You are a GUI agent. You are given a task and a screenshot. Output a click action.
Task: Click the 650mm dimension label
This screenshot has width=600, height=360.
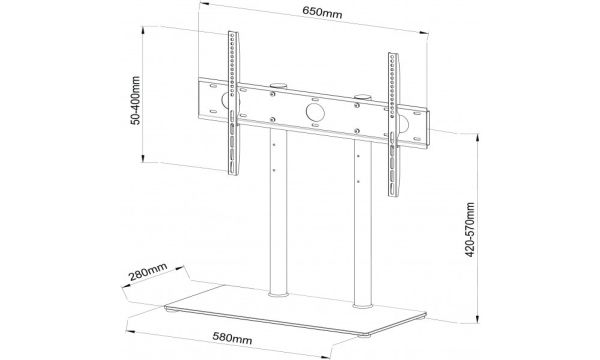pyautogui.click(x=322, y=13)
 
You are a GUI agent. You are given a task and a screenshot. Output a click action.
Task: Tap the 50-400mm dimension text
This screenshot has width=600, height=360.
pyautogui.click(x=135, y=100)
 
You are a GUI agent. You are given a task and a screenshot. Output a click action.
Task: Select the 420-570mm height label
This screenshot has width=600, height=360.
pyautogui.click(x=470, y=230)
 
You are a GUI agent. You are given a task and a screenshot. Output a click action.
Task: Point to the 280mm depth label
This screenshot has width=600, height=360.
pyautogui.click(x=148, y=272)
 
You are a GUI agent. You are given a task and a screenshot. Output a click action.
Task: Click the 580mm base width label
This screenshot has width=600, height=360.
pyautogui.click(x=232, y=338)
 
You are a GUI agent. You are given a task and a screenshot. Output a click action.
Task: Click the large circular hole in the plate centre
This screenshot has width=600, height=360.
pyautogui.click(x=315, y=112)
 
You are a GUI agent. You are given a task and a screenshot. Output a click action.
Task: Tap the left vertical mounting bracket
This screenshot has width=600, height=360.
pyautogui.click(x=233, y=103)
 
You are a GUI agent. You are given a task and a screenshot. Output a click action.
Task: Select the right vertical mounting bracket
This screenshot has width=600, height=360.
pyautogui.click(x=393, y=125)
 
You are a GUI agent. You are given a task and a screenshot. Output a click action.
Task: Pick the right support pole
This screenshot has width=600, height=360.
pyautogui.click(x=363, y=223)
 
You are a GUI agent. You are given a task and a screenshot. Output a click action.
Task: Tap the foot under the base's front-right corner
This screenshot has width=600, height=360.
pyautogui.click(x=364, y=336)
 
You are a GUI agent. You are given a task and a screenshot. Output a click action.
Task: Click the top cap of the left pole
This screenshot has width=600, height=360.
pyautogui.click(x=278, y=86)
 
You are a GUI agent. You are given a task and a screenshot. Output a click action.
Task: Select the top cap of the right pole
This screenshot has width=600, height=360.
pyautogui.click(x=362, y=97)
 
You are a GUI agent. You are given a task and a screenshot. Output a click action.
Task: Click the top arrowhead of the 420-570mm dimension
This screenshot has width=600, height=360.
pyautogui.click(x=477, y=137)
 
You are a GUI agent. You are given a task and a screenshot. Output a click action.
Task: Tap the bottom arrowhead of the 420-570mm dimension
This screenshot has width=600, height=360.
pyautogui.click(x=477, y=319)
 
